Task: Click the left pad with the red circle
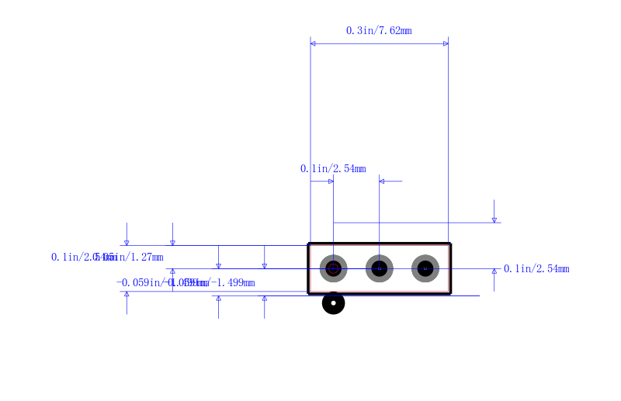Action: pos(333,269)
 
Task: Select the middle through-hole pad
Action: pos(379,269)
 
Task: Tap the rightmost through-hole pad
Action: pos(425,269)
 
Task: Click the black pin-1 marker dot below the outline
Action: pos(333,303)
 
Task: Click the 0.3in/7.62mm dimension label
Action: pos(379,31)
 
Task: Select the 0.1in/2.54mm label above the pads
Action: pos(333,169)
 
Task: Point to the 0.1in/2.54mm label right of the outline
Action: pos(536,269)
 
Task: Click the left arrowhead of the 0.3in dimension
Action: pos(313,43)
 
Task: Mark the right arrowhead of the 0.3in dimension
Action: pos(446,43)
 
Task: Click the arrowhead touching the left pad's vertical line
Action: pos(331,181)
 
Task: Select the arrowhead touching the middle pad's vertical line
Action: pos(382,181)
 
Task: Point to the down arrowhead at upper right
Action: pos(494,220)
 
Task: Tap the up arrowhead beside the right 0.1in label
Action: pos(494,271)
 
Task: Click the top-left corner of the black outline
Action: pos(309,244)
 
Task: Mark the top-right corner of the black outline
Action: pos(450,244)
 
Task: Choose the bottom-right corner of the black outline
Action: pos(450,294)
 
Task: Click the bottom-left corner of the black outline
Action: pos(309,294)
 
